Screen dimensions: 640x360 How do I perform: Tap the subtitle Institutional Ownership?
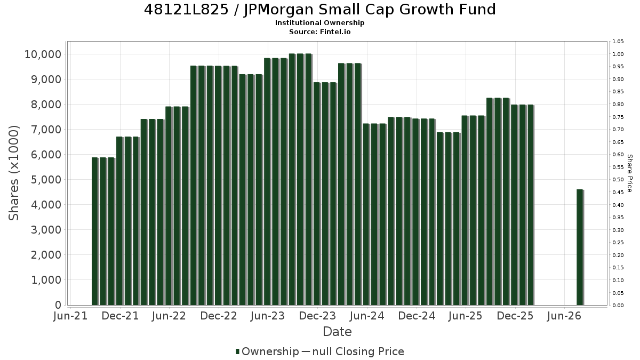(x=319, y=23)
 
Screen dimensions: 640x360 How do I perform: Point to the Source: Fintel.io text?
(x=319, y=31)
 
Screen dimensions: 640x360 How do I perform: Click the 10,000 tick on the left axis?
(x=43, y=54)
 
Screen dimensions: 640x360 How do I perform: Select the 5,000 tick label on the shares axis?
(x=46, y=180)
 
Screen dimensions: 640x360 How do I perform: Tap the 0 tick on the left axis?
(x=58, y=305)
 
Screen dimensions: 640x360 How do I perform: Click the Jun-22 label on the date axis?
(x=169, y=316)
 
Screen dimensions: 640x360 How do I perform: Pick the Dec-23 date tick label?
(x=317, y=316)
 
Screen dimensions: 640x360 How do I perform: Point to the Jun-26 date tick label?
(x=564, y=316)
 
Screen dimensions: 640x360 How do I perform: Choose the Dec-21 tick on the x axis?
(x=120, y=316)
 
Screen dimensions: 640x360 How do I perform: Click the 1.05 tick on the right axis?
(x=618, y=42)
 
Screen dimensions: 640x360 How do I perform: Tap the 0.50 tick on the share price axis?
(x=618, y=180)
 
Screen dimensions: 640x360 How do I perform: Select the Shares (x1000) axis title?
(x=13, y=173)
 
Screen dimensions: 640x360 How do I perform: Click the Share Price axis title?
(x=630, y=173)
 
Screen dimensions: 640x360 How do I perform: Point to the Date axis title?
(x=337, y=332)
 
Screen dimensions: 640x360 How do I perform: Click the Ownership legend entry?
(x=267, y=351)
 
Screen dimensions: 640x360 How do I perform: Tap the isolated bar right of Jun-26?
(x=580, y=247)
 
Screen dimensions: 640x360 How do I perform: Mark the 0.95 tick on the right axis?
(x=618, y=67)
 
